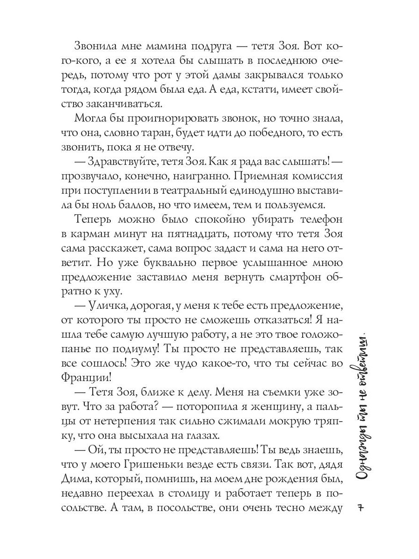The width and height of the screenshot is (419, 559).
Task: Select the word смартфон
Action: click(x=287, y=278)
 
